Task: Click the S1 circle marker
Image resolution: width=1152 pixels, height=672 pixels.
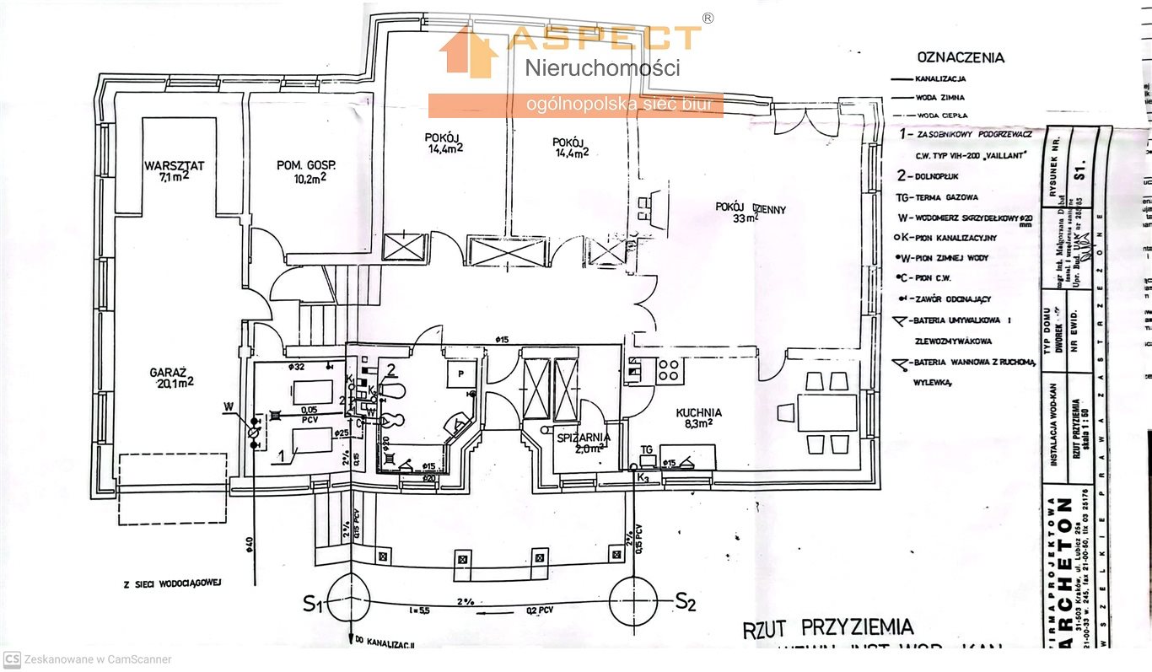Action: click(348, 602)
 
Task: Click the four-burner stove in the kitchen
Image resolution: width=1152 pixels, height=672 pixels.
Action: click(669, 369)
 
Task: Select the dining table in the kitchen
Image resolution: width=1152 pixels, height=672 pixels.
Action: click(826, 413)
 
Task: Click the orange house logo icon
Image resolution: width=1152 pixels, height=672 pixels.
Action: click(468, 53)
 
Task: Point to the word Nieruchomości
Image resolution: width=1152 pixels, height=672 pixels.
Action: click(602, 68)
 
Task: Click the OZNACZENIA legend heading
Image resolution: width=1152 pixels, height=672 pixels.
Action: click(961, 58)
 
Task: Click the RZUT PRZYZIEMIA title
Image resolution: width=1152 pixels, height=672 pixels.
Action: click(827, 626)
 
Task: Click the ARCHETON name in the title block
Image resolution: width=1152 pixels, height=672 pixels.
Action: click(1065, 573)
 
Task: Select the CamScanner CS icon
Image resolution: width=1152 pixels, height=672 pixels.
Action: click(12, 659)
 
